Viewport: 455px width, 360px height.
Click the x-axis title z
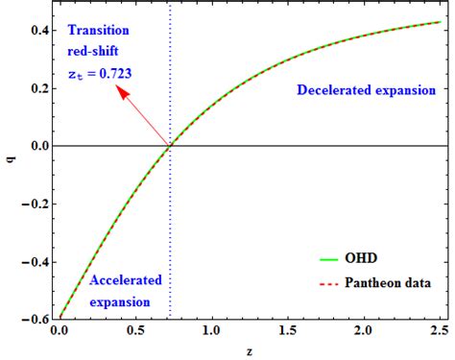click(248, 350)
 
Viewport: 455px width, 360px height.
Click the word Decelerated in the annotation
click(331, 90)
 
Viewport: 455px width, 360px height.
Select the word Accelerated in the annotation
click(125, 280)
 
